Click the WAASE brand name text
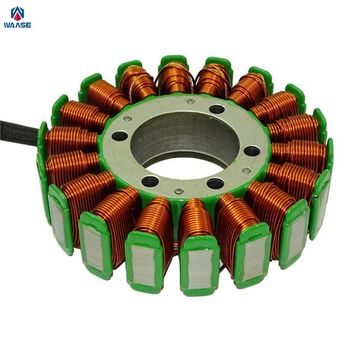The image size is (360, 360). (x=18, y=25)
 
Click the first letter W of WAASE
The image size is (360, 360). (x=7, y=25)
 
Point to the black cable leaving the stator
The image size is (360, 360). (x=18, y=133)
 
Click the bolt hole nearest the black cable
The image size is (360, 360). (x=119, y=136)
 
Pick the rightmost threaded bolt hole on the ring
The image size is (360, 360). (x=252, y=152)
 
